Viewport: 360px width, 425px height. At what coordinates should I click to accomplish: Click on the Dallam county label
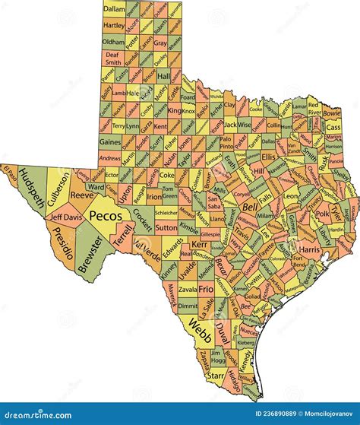click(114, 8)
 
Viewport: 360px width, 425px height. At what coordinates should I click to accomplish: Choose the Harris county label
click(310, 249)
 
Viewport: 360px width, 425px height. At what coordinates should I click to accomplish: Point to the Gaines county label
click(110, 141)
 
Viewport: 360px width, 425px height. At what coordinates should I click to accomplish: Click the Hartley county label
click(114, 24)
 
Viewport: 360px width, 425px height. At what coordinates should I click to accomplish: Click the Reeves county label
click(82, 195)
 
